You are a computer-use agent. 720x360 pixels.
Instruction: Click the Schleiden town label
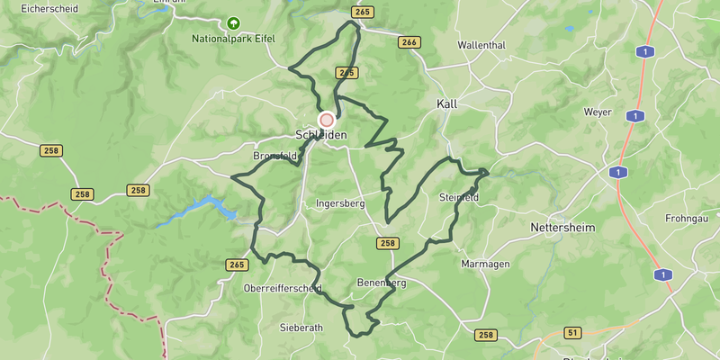pyautogui.click(x=320, y=135)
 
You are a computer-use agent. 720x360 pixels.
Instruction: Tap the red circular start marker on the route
pyautogui.click(x=327, y=119)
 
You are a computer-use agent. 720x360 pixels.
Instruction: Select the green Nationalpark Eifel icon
pyautogui.click(x=234, y=23)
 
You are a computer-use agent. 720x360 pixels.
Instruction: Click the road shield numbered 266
pyautogui.click(x=409, y=42)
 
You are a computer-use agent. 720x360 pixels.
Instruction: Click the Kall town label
pyautogui.click(x=446, y=103)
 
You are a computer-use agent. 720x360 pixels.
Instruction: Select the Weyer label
pyautogui.click(x=598, y=112)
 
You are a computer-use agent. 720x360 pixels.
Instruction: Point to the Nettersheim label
pyautogui.click(x=562, y=228)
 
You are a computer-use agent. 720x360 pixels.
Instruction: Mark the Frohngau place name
pyautogui.click(x=688, y=219)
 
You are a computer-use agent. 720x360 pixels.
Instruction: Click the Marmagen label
pyautogui.click(x=485, y=264)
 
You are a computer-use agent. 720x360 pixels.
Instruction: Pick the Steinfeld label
pyautogui.click(x=459, y=197)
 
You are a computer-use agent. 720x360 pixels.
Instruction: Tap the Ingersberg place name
pyautogui.click(x=340, y=203)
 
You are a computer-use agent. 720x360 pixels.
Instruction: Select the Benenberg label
pyautogui.click(x=382, y=283)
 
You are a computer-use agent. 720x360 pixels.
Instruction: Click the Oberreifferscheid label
pyautogui.click(x=283, y=289)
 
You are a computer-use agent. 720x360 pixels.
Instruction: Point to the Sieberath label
pyautogui.click(x=301, y=328)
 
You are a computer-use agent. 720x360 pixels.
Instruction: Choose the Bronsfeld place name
pyautogui.click(x=274, y=156)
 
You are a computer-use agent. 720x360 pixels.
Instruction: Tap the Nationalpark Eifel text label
pyautogui.click(x=233, y=39)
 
